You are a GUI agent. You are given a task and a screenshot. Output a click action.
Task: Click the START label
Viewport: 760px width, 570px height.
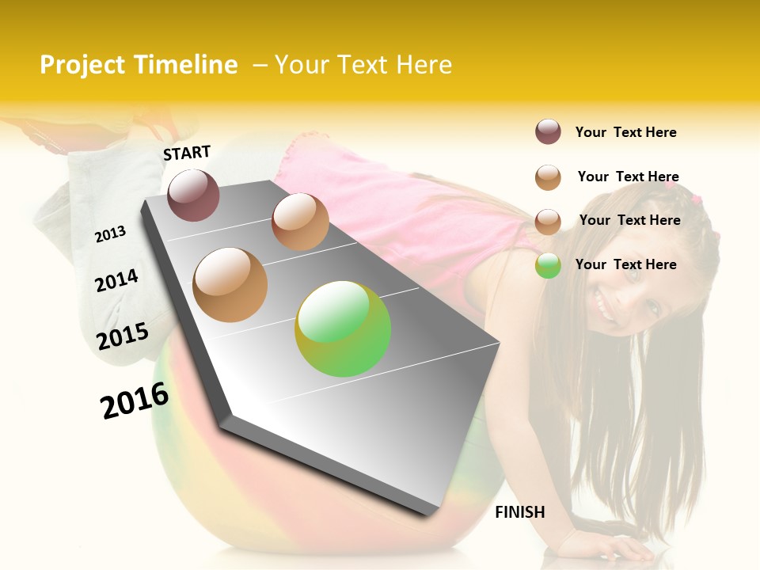(187, 152)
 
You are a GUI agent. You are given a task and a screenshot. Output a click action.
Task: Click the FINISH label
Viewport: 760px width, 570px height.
(519, 512)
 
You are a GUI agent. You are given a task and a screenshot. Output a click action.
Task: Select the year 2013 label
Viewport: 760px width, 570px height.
(110, 234)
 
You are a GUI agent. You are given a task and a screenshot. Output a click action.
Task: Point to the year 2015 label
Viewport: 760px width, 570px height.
(123, 336)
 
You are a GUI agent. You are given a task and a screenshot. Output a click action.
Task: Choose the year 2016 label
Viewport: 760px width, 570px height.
(135, 400)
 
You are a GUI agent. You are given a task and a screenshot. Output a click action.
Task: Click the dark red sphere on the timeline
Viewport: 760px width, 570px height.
(193, 195)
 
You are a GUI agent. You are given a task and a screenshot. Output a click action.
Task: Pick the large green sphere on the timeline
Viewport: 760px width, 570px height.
(343, 329)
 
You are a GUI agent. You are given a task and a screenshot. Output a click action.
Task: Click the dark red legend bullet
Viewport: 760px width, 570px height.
(548, 132)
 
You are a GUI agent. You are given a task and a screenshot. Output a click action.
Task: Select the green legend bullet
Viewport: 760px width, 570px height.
(548, 265)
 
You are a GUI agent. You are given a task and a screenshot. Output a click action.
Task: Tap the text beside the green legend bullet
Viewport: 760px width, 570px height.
(625, 264)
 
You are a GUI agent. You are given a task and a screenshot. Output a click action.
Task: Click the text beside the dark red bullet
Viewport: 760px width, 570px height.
(625, 132)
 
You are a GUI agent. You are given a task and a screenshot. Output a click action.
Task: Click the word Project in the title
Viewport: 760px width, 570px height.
(83, 65)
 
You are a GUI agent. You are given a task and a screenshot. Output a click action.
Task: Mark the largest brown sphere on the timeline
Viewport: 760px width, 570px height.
(230, 284)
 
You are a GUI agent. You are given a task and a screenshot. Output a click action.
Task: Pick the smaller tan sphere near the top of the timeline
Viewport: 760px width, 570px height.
(300, 222)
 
